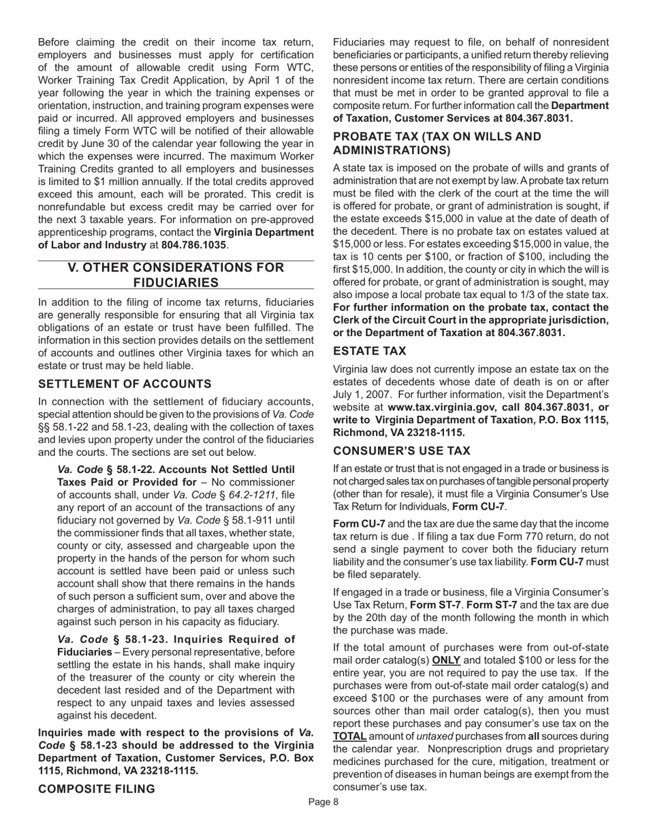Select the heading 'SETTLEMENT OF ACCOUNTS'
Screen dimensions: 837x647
click(x=125, y=384)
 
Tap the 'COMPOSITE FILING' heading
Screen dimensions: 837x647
click(x=97, y=789)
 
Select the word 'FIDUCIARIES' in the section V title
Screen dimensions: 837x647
click(x=176, y=282)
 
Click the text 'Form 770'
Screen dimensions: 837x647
click(x=484, y=537)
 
